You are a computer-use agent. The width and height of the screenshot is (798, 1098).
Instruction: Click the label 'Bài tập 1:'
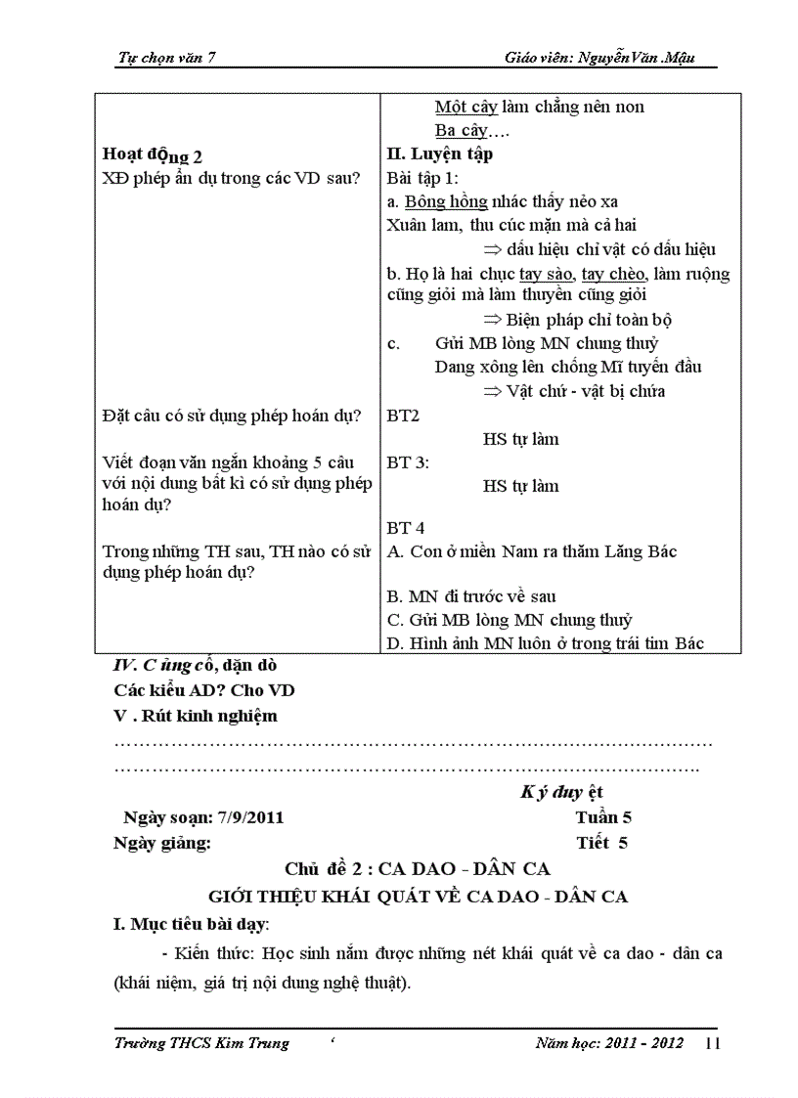(x=422, y=178)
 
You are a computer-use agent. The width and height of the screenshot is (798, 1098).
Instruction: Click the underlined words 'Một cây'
(x=465, y=107)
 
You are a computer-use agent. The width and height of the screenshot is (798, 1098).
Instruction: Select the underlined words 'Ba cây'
(x=460, y=130)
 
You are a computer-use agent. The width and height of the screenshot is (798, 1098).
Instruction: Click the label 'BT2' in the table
(x=403, y=416)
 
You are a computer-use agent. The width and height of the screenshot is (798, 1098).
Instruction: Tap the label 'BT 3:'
(x=408, y=462)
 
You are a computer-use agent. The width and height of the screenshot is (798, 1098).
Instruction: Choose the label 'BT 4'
(x=405, y=528)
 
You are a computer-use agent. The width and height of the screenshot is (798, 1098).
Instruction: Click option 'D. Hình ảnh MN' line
(x=546, y=643)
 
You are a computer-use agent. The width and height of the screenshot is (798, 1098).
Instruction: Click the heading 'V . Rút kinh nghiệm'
(x=196, y=716)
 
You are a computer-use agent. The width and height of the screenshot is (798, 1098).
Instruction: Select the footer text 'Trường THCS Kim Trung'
(x=201, y=1043)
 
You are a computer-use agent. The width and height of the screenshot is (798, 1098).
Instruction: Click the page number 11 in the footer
(x=712, y=1044)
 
